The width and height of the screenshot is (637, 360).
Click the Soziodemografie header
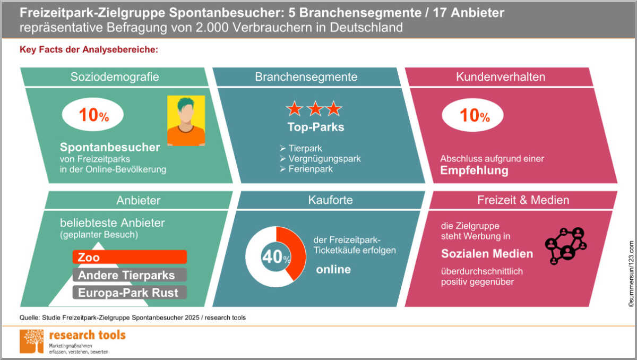point(115,77)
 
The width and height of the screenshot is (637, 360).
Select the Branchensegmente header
point(306,77)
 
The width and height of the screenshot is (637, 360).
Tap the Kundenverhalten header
point(501,77)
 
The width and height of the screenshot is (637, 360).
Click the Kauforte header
point(330,200)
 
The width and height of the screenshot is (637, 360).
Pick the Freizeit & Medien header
point(523,200)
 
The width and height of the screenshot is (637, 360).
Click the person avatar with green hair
point(186,121)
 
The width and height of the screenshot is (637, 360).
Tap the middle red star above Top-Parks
point(315,109)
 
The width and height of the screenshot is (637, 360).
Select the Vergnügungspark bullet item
point(321,159)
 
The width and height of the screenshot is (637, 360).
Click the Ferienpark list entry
point(306,169)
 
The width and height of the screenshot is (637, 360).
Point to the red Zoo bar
point(130,257)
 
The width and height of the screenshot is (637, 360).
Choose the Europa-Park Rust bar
point(130,293)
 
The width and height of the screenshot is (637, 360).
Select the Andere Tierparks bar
point(130,275)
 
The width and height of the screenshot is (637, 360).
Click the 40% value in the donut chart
point(276,257)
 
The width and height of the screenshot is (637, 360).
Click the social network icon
point(566,246)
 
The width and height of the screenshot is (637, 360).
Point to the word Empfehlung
point(474,170)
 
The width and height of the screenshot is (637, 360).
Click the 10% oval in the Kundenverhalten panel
point(472,115)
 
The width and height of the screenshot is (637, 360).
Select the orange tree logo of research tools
point(31,341)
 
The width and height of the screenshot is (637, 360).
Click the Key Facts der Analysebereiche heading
point(89,49)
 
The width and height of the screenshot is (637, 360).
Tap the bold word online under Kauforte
point(333,269)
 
